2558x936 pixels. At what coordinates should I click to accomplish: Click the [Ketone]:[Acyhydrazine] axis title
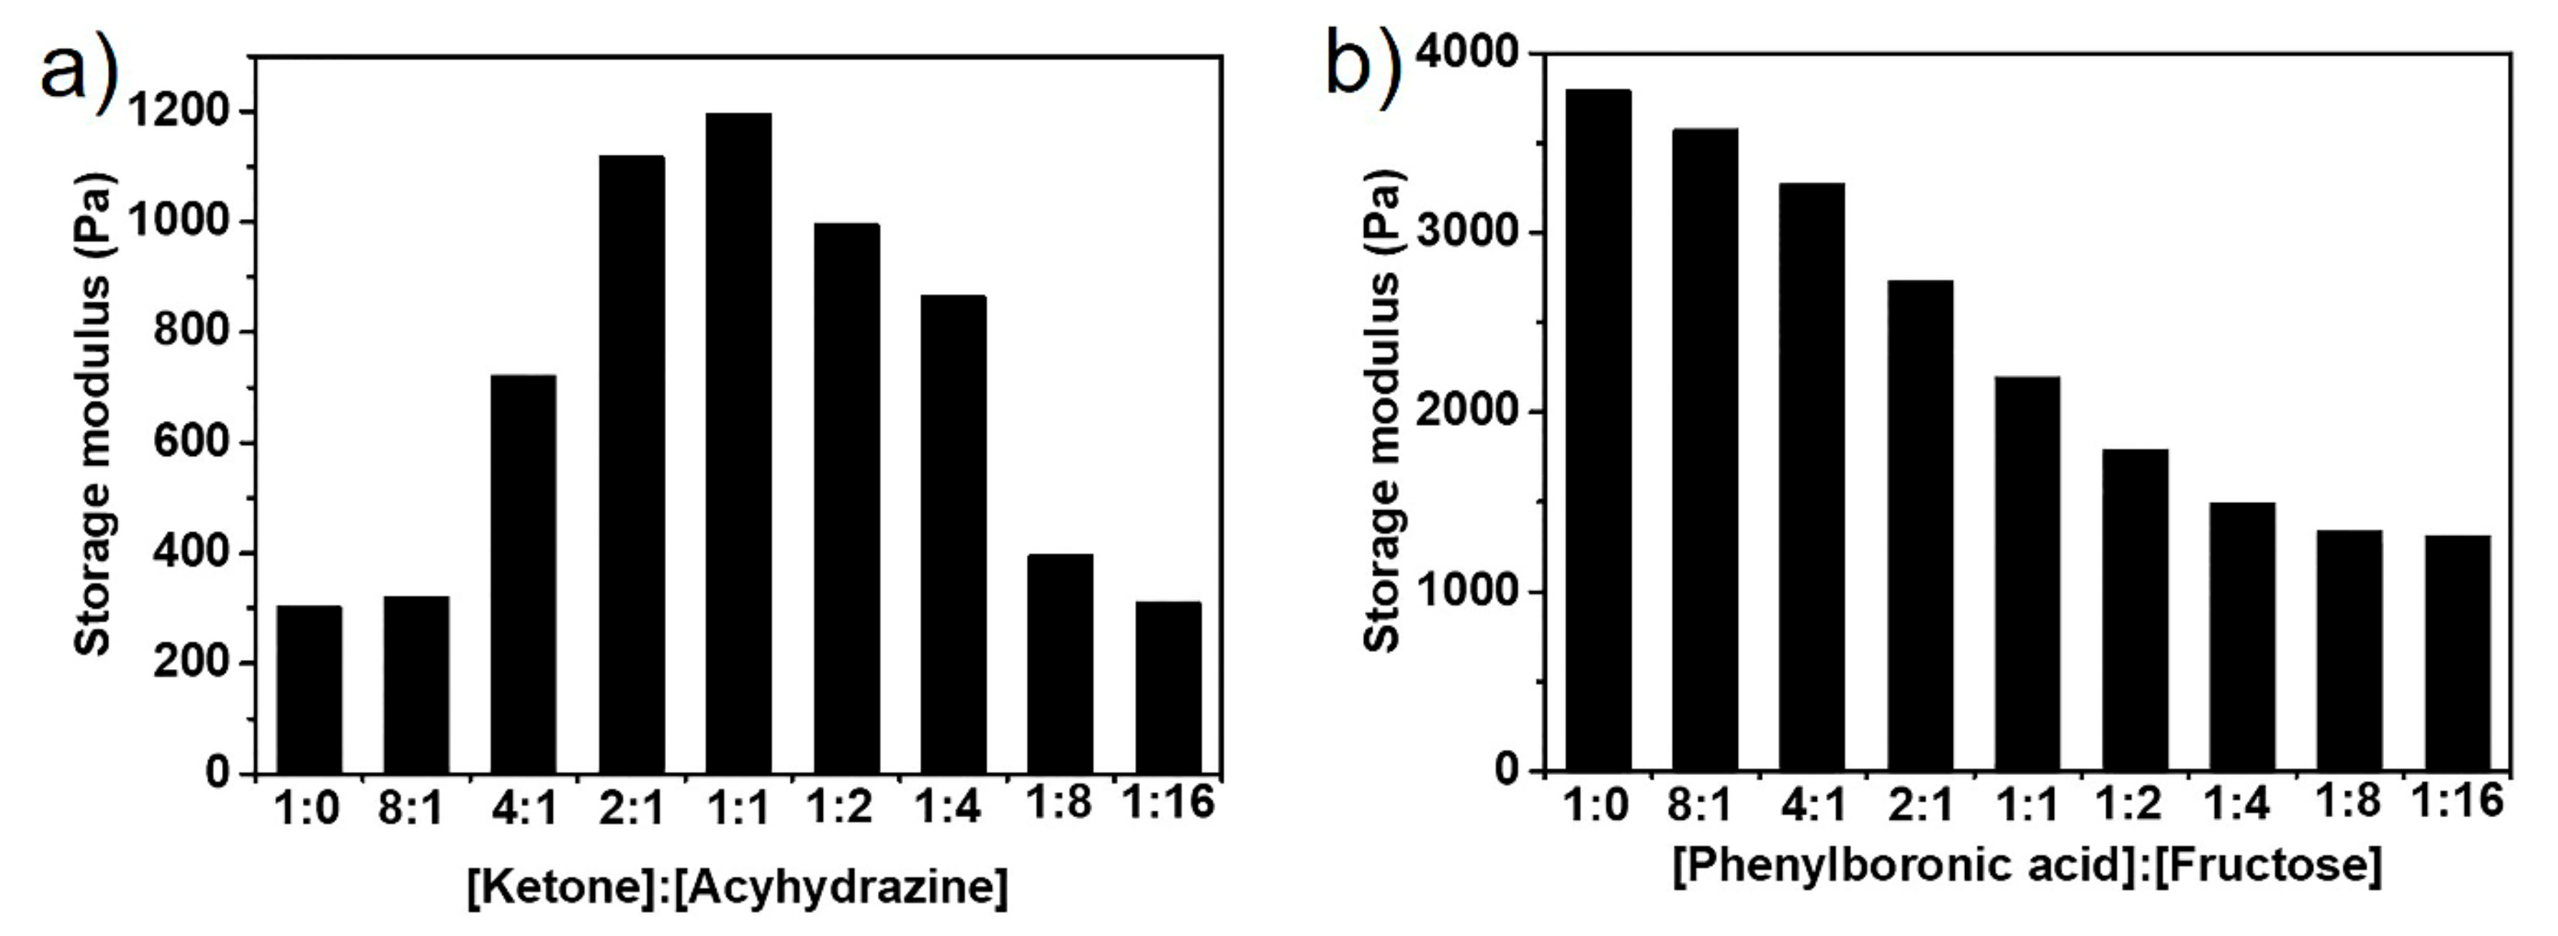(738, 885)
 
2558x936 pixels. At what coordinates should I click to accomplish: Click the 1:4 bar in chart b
(2242, 635)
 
